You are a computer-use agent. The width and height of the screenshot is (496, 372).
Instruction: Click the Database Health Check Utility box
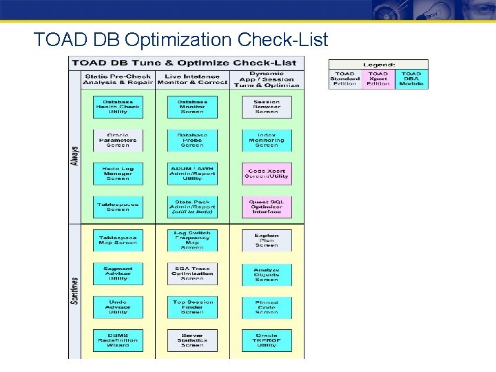[118, 107]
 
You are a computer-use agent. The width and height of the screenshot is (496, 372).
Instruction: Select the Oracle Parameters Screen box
[118, 140]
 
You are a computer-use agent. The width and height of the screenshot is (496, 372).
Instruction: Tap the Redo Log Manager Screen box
[118, 174]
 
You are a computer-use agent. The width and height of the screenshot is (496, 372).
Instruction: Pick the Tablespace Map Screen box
[118, 240]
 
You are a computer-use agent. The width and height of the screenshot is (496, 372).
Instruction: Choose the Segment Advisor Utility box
[118, 273]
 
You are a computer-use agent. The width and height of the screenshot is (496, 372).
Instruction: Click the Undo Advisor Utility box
[118, 307]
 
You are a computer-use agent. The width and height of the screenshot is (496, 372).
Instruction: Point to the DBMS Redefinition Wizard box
[118, 340]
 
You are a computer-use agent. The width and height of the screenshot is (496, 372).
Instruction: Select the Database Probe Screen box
[192, 140]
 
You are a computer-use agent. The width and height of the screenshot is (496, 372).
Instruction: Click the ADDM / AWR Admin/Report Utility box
[192, 174]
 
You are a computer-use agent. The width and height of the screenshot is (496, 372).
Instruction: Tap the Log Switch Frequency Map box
[192, 240]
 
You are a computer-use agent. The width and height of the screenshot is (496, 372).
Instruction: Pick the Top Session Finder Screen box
[192, 307]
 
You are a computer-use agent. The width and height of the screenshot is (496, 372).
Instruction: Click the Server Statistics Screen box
[192, 340]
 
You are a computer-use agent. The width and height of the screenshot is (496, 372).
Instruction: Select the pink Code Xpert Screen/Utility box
[267, 174]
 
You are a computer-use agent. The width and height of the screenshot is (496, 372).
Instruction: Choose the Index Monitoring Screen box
[267, 140]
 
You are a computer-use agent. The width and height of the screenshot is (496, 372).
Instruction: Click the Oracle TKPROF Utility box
[267, 340]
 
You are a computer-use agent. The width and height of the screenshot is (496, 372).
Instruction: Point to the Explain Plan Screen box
[267, 240]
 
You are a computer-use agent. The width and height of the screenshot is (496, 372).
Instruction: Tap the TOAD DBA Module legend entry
[411, 79]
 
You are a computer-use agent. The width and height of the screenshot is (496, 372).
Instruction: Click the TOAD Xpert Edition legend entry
[378, 79]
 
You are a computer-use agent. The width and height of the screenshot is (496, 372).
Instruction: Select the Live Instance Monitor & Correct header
[192, 79]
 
